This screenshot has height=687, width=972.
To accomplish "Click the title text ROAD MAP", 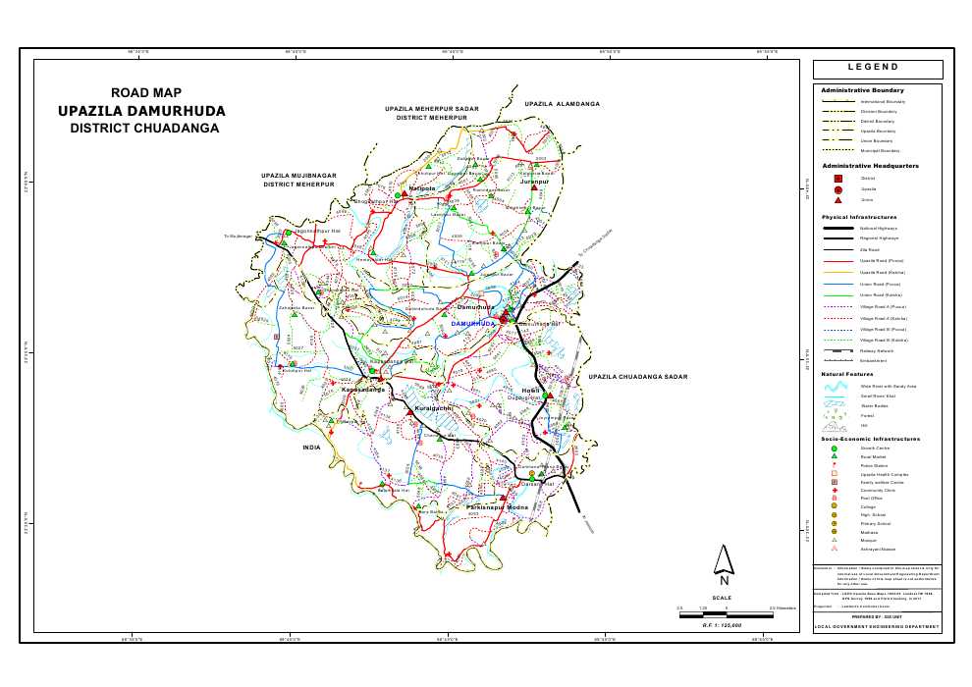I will click(146, 92).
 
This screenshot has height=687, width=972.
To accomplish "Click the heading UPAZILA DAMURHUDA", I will click(141, 110).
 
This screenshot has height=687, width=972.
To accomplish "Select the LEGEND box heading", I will click(878, 68).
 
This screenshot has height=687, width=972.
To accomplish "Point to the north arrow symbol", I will click(724, 562).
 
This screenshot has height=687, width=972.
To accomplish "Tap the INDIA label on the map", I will click(311, 447).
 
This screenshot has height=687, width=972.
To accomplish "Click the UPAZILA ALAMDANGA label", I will click(562, 103).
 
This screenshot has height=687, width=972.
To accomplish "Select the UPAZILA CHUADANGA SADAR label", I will click(638, 377).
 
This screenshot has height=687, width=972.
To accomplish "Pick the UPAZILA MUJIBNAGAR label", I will click(299, 176).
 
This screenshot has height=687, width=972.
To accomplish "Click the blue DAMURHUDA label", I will click(473, 323).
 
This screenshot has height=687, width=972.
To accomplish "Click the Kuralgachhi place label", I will click(433, 406).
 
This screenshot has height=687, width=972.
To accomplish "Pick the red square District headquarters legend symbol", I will click(837, 179).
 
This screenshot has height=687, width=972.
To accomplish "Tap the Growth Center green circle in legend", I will click(834, 449).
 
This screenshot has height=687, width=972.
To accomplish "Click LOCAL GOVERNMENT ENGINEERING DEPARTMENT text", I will click(877, 626).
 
